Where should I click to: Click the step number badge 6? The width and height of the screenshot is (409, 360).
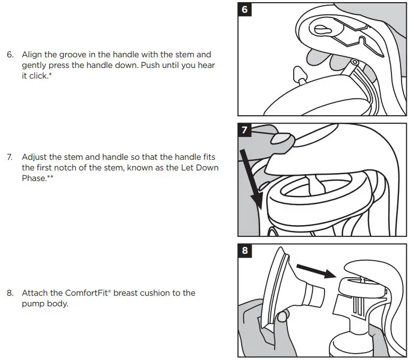click(x=245, y=9)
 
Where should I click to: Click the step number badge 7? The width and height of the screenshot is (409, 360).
click(x=245, y=130)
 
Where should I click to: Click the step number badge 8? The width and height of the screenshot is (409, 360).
click(x=245, y=251)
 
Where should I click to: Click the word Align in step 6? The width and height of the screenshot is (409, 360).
click(x=32, y=55)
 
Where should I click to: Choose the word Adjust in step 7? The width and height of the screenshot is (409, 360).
click(x=35, y=157)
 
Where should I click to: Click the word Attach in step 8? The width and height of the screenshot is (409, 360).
click(x=34, y=293)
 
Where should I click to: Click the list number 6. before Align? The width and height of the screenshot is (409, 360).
click(x=10, y=55)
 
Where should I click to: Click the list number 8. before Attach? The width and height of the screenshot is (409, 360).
click(x=10, y=293)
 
